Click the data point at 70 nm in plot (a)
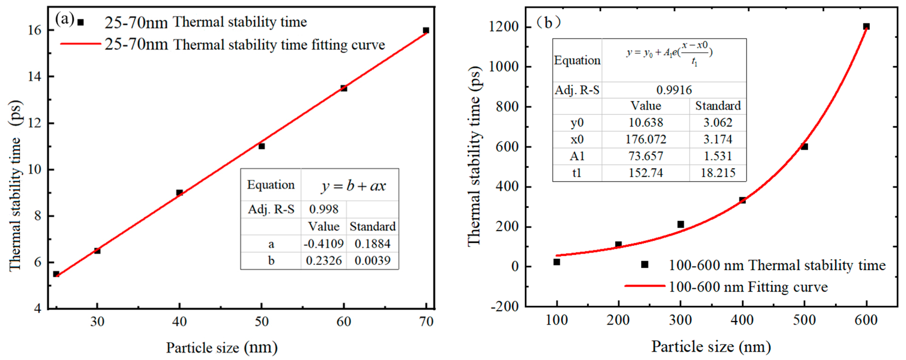pos(426,30)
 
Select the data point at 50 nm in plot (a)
pos(262,146)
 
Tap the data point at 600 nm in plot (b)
pos(866,26)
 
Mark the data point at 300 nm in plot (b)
pos(681,224)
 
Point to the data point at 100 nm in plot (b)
pos(557,262)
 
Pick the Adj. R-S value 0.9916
pos(674,90)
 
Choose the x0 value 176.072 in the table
pos(646,139)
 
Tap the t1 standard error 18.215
pos(718,173)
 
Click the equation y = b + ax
pos(353,186)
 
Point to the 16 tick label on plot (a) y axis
pos(35,30)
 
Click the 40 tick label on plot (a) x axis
pos(179,321)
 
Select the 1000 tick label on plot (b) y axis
pos(504,66)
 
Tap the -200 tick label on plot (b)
pos(505,306)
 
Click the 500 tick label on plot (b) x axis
pos(804,320)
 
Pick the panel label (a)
pos(64,19)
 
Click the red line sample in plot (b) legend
pos(644,286)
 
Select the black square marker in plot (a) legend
pos(81,22)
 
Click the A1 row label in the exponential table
pos(577,156)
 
